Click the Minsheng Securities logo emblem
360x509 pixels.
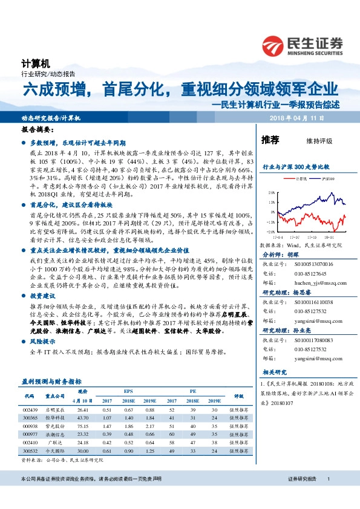[x=274, y=45]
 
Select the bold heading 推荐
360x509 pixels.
[x=270, y=140]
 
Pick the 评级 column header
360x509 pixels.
[x=238, y=397]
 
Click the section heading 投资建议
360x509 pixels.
[x=41, y=296]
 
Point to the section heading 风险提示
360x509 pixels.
[x=41, y=342]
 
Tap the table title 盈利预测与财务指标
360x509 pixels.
[x=51, y=382]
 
